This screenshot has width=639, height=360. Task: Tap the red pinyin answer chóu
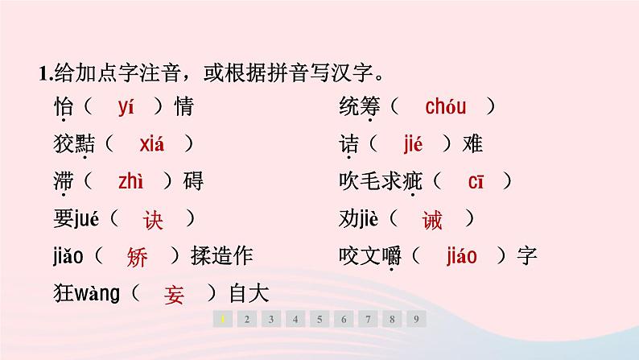click(446, 106)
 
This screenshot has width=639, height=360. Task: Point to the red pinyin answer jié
click(412, 144)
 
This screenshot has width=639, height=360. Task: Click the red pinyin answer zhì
click(130, 182)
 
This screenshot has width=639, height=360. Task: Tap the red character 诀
click(153, 220)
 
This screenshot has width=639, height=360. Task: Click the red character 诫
click(432, 220)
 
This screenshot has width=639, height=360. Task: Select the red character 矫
click(138, 257)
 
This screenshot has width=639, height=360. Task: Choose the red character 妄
click(174, 295)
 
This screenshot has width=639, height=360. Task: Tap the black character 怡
click(64, 106)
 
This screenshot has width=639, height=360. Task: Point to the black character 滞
click(64, 182)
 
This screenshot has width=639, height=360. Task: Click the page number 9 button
click(415, 319)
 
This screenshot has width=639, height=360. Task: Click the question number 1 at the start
click(42, 73)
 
